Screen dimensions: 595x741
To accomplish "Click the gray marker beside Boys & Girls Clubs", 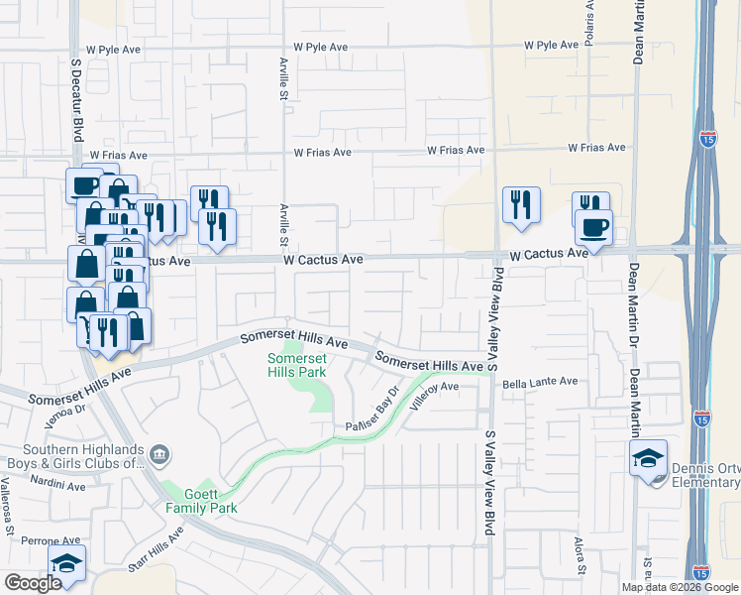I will pos(162,456).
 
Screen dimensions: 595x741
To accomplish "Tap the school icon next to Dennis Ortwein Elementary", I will pos(648,459).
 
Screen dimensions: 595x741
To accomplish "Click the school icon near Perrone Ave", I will pos(67,564).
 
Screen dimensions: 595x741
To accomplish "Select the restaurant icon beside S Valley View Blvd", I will pos(521,206).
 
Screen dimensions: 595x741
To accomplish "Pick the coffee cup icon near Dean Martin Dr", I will pos(593,227).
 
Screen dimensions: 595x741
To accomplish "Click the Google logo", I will pos(33,583).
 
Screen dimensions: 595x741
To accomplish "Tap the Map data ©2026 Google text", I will pos(680,587).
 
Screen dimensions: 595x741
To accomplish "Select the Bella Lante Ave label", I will pos(540,382).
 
